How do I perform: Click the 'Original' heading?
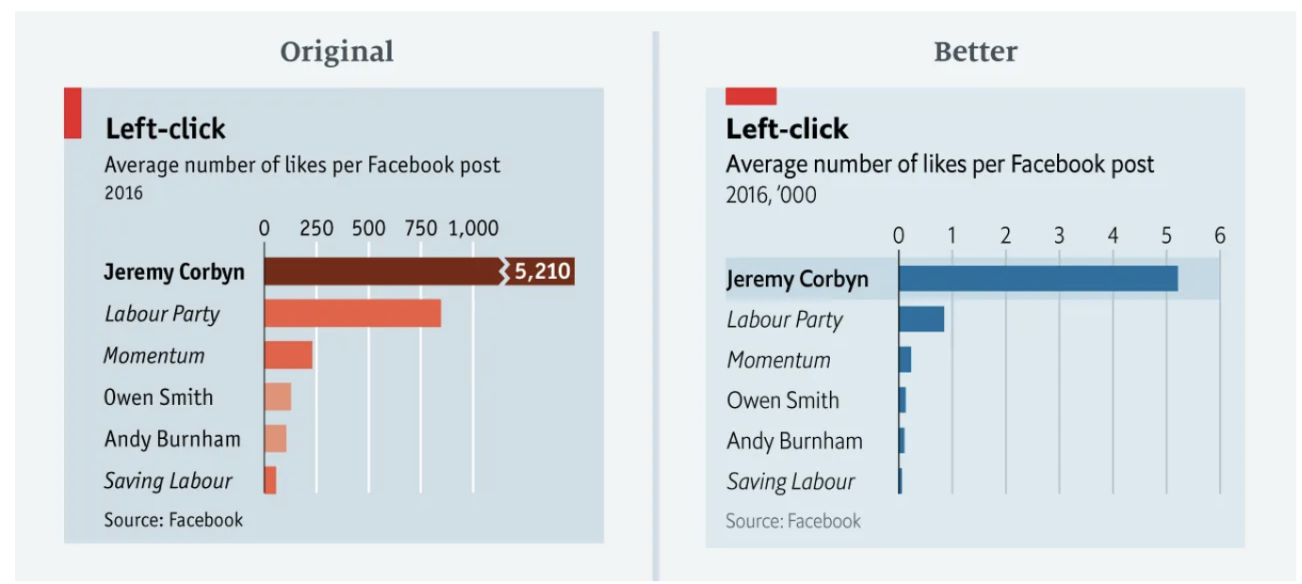[336, 52]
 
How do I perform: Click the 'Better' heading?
[975, 52]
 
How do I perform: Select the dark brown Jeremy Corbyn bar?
[382, 272]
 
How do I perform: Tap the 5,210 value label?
[542, 272]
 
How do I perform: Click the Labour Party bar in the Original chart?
[352, 314]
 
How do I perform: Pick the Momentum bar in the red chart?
[288, 355]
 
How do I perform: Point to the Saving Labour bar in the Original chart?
[270, 480]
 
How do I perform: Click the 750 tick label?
[420, 228]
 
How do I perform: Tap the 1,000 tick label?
[473, 228]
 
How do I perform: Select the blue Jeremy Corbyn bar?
[1037, 279]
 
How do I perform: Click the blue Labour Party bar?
[921, 319]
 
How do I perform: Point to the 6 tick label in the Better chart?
[1219, 235]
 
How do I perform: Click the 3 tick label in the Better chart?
[1059, 235]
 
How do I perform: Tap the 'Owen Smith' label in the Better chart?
[782, 400]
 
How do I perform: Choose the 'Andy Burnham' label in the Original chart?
[172, 439]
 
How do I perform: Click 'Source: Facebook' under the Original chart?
[173, 520]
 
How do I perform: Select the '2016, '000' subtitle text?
[771, 196]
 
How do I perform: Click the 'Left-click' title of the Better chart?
[787, 129]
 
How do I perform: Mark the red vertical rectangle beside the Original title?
[73, 113]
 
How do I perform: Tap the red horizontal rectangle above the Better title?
[751, 96]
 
